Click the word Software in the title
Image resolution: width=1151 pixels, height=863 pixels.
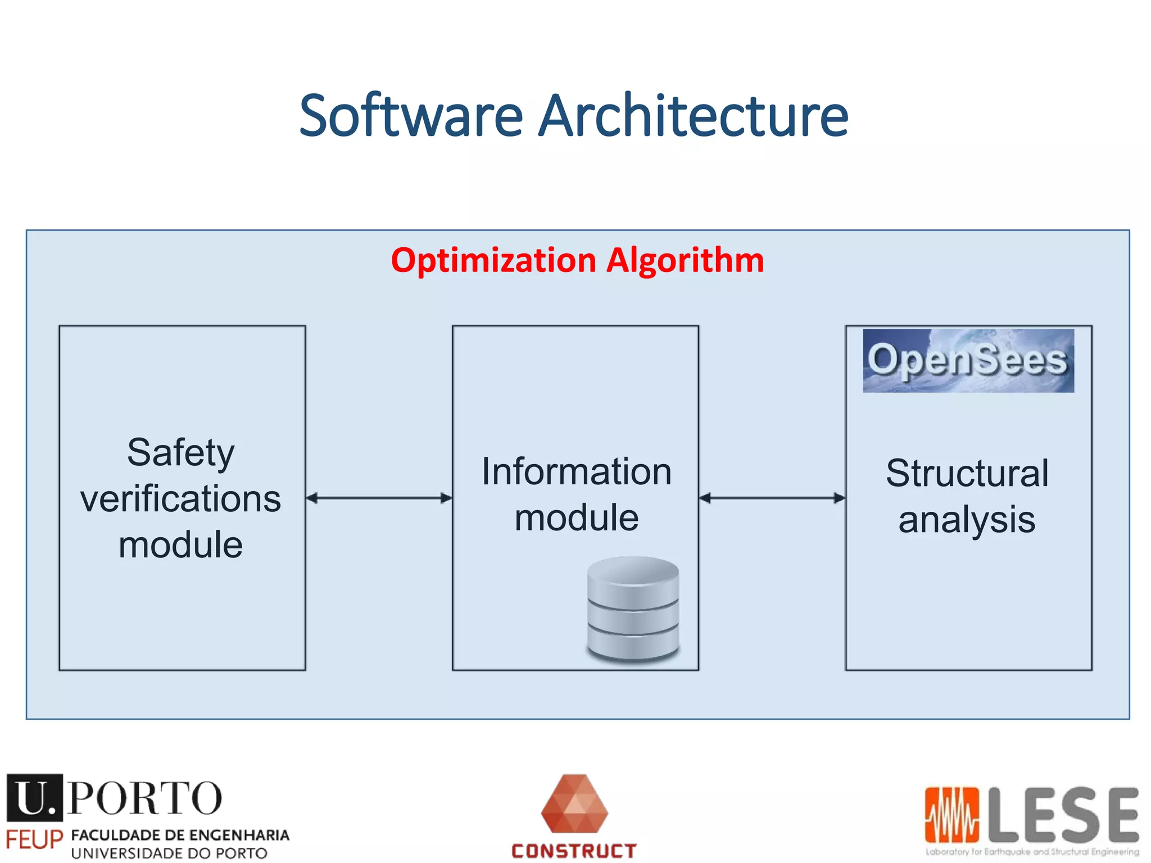(411, 116)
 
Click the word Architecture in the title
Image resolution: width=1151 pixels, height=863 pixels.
(693, 116)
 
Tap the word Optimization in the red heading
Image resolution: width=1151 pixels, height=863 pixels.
(493, 261)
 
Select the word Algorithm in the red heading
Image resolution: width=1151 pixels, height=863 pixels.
(685, 261)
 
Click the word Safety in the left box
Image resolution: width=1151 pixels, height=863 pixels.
(181, 452)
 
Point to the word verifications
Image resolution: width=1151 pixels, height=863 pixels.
(181, 499)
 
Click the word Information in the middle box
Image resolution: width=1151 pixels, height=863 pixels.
(576, 471)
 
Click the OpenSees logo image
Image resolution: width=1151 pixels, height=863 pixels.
(968, 361)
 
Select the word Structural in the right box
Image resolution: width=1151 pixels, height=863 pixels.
(967, 473)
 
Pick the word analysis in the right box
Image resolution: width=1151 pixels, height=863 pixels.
(967, 520)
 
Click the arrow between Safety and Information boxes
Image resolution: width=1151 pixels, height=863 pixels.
(379, 498)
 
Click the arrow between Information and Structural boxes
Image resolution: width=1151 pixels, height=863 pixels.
(772, 498)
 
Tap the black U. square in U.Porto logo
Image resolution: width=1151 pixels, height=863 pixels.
(34, 797)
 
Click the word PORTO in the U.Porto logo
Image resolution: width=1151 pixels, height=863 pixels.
(145, 798)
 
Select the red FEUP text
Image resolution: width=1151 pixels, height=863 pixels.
(34, 841)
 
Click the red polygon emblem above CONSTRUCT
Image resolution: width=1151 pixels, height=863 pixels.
(574, 804)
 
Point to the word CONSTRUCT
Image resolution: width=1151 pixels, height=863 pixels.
(574, 851)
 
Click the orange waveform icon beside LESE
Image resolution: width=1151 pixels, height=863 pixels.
(951, 815)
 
